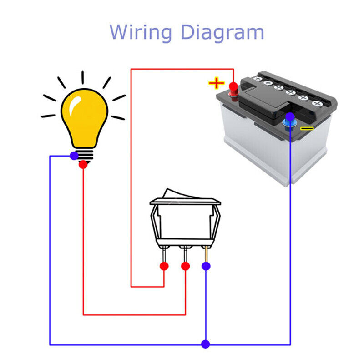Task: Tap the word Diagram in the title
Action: [x=222, y=33]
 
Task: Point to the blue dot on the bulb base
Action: [x=74, y=156]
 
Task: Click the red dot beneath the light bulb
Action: [x=83, y=165]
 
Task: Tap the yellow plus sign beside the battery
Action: [x=217, y=83]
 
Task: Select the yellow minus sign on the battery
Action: [x=307, y=128]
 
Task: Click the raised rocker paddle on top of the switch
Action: [x=182, y=194]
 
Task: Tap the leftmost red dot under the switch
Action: [x=164, y=266]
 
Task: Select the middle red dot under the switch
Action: [x=185, y=266]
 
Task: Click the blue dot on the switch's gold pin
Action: [x=206, y=266]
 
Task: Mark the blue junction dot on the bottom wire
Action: [x=206, y=344]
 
